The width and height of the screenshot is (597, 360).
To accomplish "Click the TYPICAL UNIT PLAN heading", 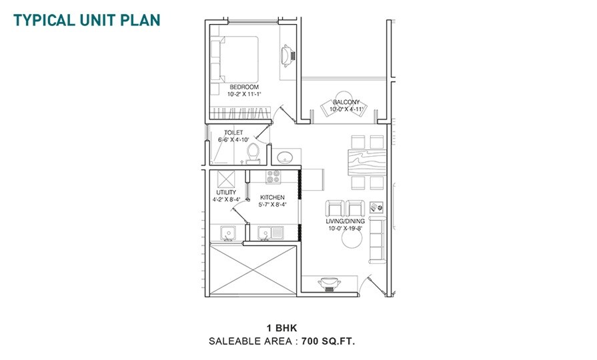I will (x=87, y=19).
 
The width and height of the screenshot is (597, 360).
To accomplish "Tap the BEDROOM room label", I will (x=244, y=87).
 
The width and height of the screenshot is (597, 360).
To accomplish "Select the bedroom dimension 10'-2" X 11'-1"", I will (x=244, y=95).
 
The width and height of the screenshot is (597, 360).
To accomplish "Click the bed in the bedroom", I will (x=235, y=58).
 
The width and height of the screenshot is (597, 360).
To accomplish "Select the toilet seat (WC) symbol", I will (x=252, y=155).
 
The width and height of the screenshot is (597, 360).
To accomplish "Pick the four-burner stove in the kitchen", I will (x=273, y=177).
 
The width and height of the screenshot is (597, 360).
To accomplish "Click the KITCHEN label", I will (x=272, y=198).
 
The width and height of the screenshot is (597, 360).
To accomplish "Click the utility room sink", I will (x=228, y=233).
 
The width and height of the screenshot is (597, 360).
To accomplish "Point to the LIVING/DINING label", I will (x=344, y=221).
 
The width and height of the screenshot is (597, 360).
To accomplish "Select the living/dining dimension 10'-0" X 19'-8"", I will (x=344, y=229).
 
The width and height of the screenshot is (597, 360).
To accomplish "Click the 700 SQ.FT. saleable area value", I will (x=328, y=341).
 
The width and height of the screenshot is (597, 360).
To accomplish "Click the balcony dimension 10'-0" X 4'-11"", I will (x=346, y=109).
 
